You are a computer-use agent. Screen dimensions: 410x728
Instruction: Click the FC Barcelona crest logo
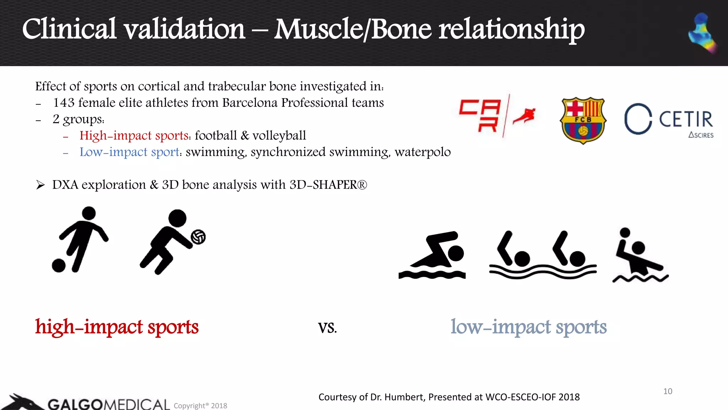tap(583, 120)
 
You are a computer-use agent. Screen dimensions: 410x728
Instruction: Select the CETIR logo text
tap(685, 119)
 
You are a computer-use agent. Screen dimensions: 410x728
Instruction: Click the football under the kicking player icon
tap(59, 266)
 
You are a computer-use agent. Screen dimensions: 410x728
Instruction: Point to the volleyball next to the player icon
tap(198, 237)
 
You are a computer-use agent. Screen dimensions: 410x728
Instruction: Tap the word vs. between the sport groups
tap(327, 327)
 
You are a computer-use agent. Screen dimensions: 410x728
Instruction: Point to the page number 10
tap(668, 391)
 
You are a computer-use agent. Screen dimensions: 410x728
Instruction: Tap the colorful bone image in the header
tap(702, 33)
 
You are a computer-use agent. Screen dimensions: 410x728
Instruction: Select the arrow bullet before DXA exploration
tap(40, 185)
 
